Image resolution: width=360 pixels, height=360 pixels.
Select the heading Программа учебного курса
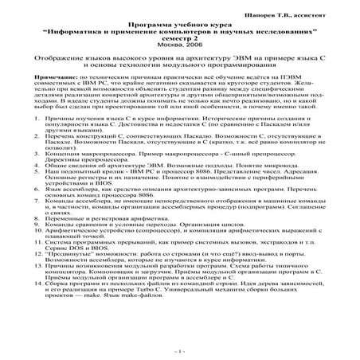pyautogui.click(x=179, y=17)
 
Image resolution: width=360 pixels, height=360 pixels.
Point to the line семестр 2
pyautogui.click(x=179, y=34)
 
